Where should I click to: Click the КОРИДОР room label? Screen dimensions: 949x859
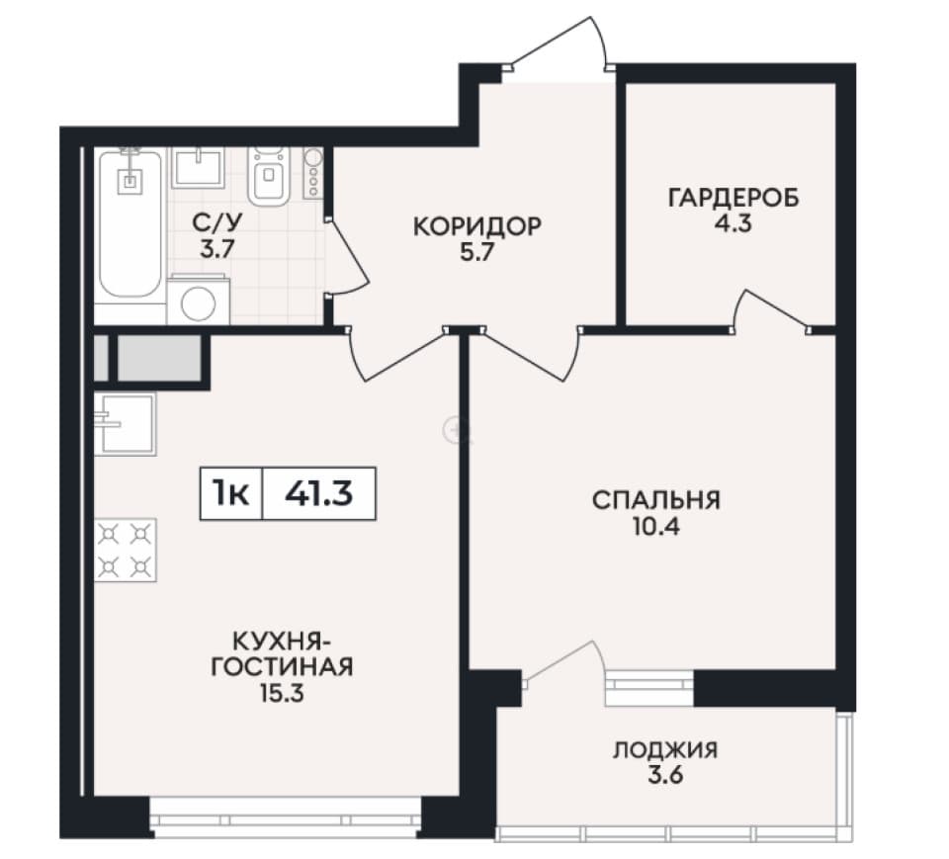pyautogui.click(x=476, y=227)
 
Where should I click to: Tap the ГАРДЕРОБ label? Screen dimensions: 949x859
pyautogui.click(x=733, y=198)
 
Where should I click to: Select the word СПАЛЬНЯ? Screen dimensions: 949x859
pyautogui.click(x=656, y=501)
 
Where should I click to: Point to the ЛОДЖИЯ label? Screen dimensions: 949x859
pyautogui.click(x=665, y=750)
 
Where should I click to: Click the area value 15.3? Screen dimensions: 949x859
pyautogui.click(x=282, y=693)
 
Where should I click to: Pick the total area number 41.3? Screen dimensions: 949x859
pyautogui.click(x=319, y=494)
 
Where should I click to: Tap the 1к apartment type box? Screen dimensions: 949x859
pyautogui.click(x=231, y=494)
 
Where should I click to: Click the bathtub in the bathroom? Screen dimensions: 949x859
pyautogui.click(x=130, y=224)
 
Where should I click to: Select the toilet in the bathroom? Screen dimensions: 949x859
pyautogui.click(x=269, y=176)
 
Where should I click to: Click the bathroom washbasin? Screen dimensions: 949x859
pyautogui.click(x=198, y=168)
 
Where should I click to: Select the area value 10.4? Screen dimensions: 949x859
pyautogui.click(x=656, y=527)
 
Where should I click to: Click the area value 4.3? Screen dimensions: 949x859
pyautogui.click(x=733, y=224)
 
